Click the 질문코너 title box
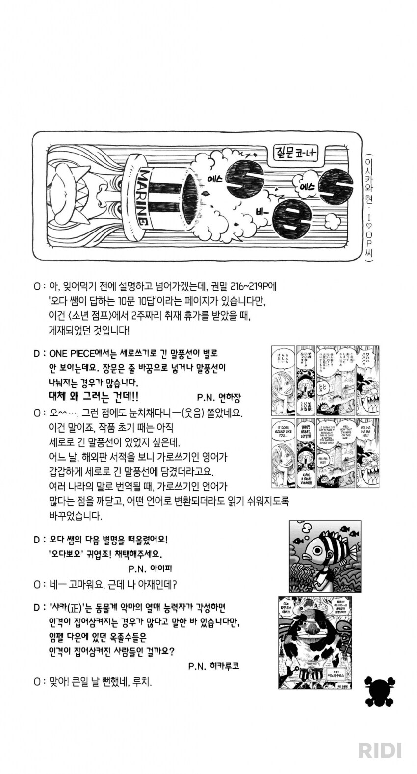(x=294, y=153)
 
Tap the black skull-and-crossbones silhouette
(x=380, y=692)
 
